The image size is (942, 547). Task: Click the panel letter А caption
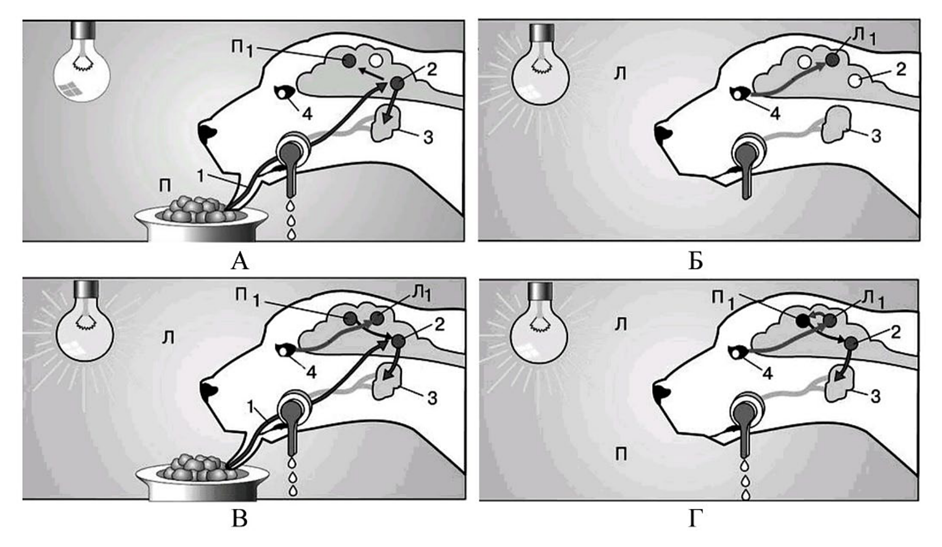(240, 262)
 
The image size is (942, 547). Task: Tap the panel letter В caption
(240, 519)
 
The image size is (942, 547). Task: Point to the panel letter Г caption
(696, 519)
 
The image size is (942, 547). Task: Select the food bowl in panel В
(202, 477)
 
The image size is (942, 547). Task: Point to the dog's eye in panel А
(284, 92)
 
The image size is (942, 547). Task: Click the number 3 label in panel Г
(875, 397)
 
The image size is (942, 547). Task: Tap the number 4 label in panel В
(310, 372)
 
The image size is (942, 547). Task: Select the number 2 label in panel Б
(901, 70)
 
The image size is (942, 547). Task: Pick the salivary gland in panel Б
(836, 124)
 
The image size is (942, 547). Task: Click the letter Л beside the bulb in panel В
(168, 338)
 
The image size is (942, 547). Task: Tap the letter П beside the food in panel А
(166, 186)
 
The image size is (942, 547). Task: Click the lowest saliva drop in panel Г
(746, 495)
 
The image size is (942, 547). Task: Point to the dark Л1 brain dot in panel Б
(831, 60)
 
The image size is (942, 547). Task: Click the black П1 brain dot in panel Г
(803, 321)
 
